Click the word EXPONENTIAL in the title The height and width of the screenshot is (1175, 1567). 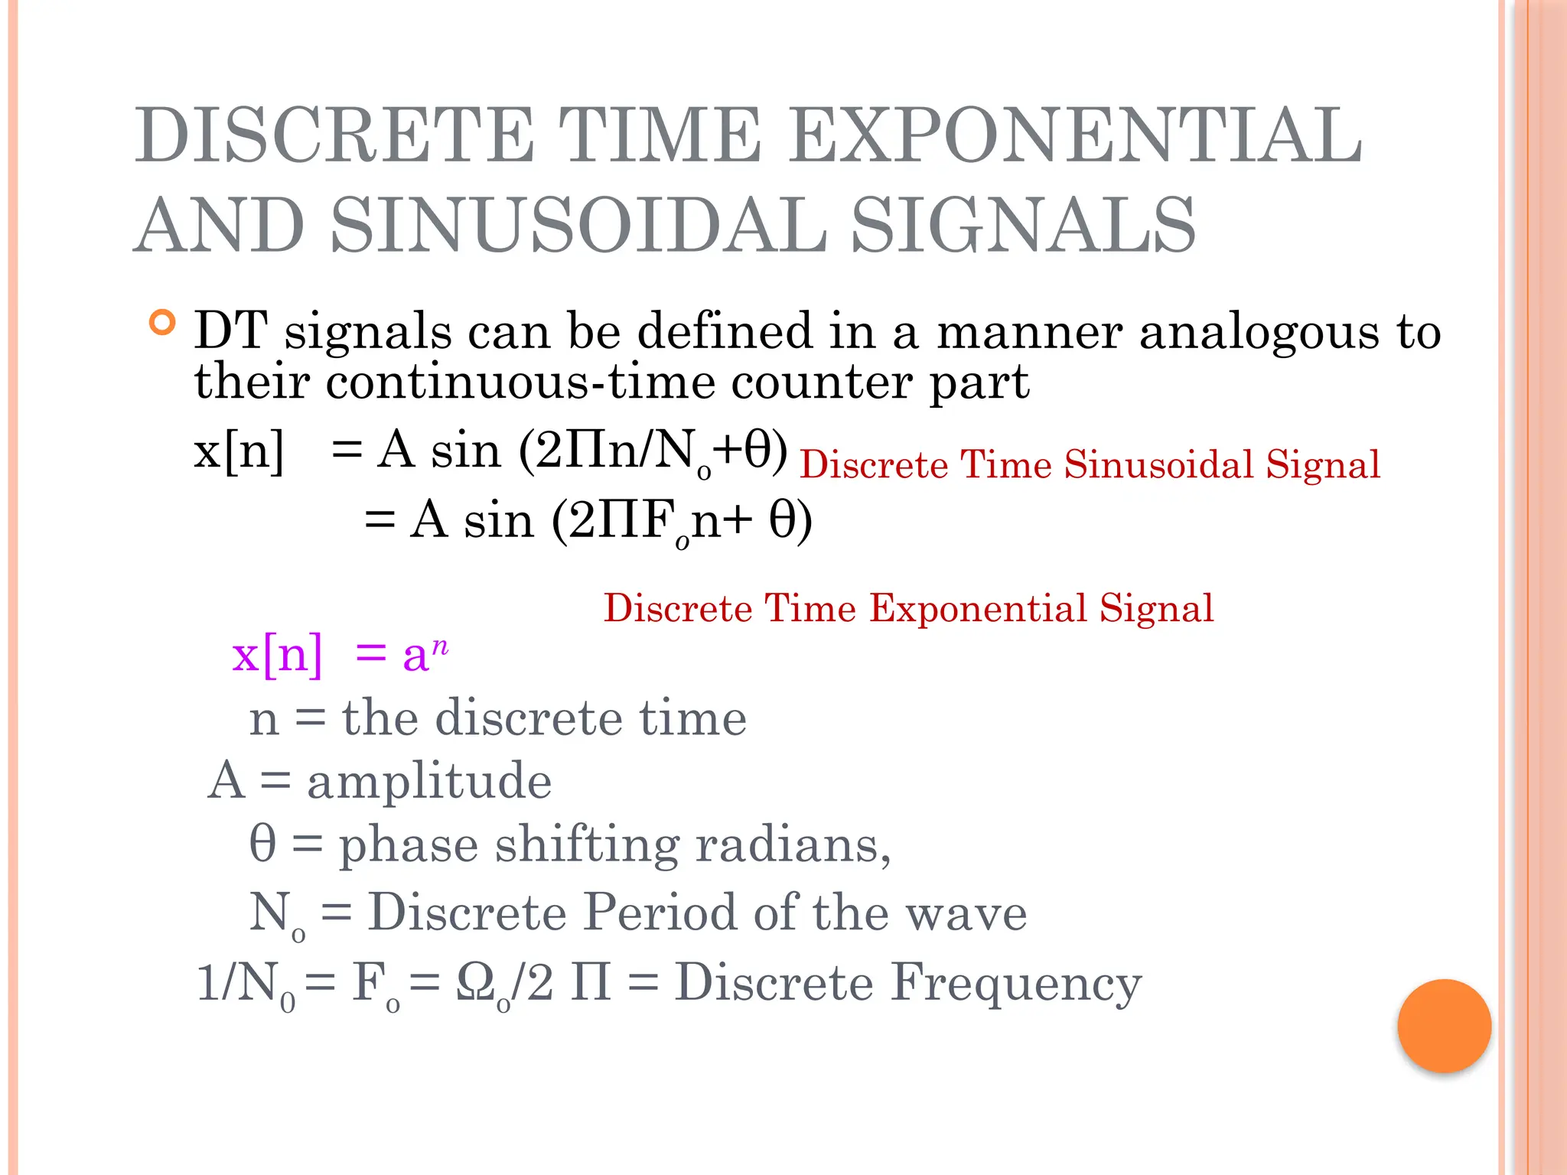point(1075,136)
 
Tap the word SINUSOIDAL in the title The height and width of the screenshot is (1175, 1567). point(579,225)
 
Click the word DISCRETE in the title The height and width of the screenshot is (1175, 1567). point(334,136)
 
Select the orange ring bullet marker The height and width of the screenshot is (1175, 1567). point(162,323)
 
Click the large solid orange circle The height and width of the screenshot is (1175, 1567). point(1444,1026)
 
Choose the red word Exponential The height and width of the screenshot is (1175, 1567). point(979,609)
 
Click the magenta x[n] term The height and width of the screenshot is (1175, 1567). point(277,655)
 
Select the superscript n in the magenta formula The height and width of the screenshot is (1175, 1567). point(439,646)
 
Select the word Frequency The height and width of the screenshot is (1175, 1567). point(1016,982)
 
